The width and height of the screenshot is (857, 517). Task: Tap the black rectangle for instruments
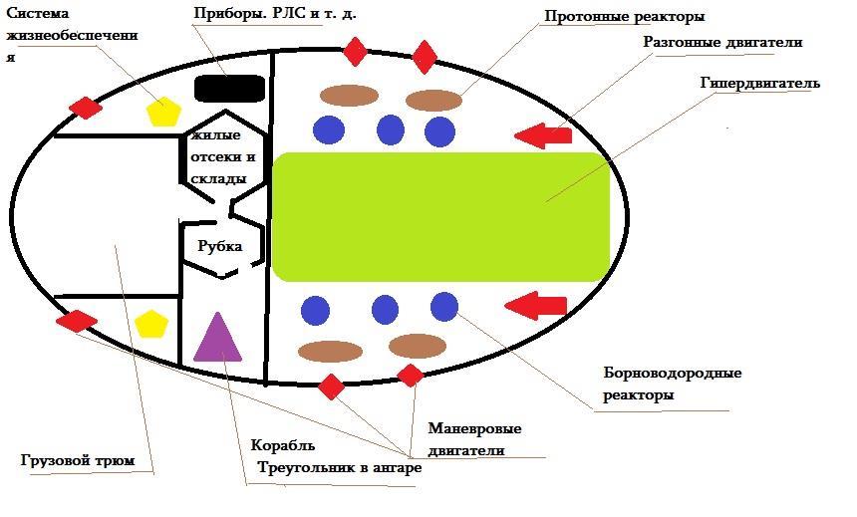[x=229, y=88]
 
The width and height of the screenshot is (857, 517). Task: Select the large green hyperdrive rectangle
[x=440, y=216]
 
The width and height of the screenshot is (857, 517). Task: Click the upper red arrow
[x=543, y=134]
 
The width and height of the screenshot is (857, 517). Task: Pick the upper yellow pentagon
[x=162, y=111]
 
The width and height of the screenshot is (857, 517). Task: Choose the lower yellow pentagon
[x=150, y=324]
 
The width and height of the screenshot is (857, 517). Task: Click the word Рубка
[x=220, y=245]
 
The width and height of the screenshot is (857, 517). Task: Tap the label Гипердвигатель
[x=759, y=83]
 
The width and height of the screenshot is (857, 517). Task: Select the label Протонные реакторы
[x=625, y=17]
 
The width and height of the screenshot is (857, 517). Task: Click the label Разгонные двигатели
[x=722, y=43]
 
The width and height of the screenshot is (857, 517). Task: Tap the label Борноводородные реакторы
[x=672, y=384]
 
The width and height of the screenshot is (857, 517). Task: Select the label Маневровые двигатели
[x=474, y=439]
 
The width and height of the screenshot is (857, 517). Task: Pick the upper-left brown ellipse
[x=349, y=96]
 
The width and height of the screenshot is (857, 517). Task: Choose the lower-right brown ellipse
[x=417, y=346]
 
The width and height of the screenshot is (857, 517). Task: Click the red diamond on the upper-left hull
[x=86, y=108]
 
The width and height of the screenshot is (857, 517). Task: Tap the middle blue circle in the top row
[x=390, y=129]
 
